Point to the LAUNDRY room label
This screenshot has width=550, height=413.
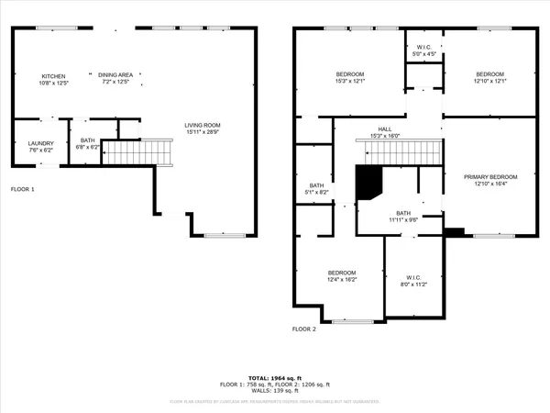point(40,143)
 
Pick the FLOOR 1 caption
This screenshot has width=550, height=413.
point(23,189)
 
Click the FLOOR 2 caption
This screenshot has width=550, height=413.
point(304,329)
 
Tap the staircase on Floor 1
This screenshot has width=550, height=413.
point(137,151)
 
